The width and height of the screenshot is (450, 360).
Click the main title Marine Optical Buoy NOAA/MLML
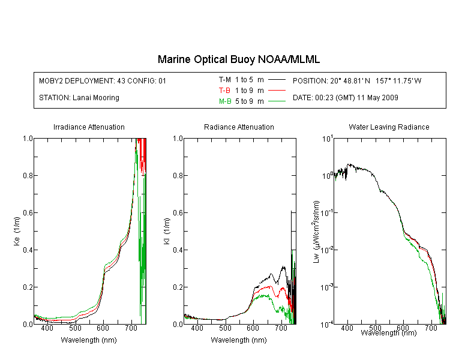[x=238, y=59]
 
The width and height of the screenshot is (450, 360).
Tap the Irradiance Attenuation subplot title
[x=89, y=127]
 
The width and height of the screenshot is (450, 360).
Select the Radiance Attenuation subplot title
[x=239, y=127]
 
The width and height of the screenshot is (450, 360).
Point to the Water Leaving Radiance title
[x=389, y=127]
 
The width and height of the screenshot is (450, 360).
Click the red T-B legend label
[x=224, y=91]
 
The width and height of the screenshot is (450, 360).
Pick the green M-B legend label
[x=225, y=101]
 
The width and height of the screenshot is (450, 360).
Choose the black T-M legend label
[x=225, y=80]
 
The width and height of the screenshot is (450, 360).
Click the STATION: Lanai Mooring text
[x=79, y=98]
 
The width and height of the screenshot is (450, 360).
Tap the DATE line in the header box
[x=345, y=98]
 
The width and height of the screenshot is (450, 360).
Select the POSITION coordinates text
[x=357, y=80]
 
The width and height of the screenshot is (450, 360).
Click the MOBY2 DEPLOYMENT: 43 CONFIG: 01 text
[x=103, y=80]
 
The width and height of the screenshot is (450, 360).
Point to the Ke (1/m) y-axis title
[x=17, y=232]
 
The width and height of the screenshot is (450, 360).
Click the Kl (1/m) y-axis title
[x=167, y=232]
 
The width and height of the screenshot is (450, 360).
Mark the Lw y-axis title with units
[x=316, y=232]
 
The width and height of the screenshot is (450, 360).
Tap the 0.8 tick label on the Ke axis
[x=28, y=175]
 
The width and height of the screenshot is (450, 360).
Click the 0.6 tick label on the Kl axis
[x=178, y=213]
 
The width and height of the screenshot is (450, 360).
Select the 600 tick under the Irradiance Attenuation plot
[x=103, y=328]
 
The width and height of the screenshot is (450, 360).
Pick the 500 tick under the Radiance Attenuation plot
[x=225, y=328]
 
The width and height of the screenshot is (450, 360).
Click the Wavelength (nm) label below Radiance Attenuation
[x=239, y=340]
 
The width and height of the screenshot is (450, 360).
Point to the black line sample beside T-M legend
[x=277, y=80]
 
